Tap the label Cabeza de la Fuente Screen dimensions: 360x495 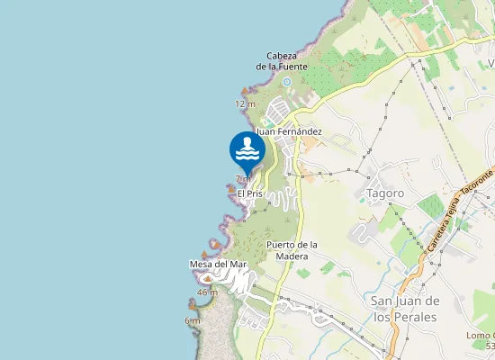[282, 61]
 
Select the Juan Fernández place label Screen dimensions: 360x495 [289, 131]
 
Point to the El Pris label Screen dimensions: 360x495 [249, 193]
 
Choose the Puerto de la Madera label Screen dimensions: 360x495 [293, 250]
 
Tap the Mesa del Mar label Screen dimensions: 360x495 [218, 264]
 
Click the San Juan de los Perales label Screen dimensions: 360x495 [404, 309]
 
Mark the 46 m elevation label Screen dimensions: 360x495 [207, 292]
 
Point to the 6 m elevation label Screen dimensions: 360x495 [193, 320]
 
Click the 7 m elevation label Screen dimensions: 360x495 [243, 179]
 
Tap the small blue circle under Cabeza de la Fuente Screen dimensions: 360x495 [286, 82]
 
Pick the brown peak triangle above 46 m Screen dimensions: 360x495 [207, 280]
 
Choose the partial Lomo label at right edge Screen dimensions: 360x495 [481, 336]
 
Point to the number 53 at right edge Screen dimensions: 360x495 [489, 346]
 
